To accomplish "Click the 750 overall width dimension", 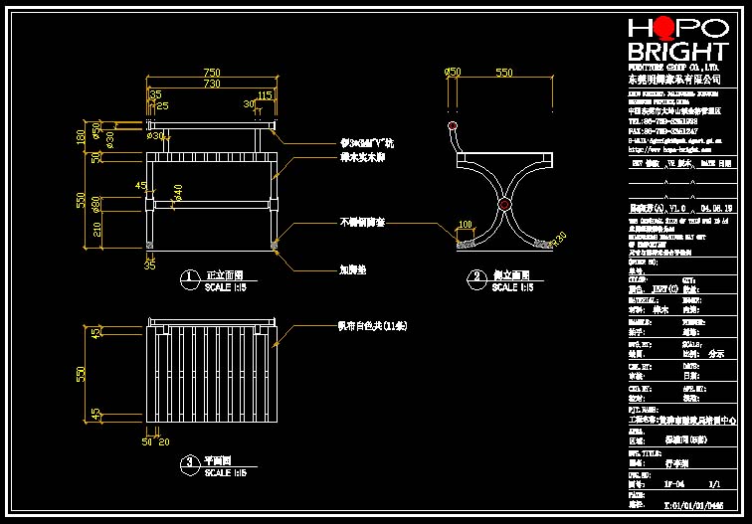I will tap(211, 73).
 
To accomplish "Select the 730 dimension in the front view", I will tap(211, 85).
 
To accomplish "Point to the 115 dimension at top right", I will tap(265, 95).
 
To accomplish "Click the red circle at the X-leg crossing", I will tap(504, 206).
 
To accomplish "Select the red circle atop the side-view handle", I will tap(454, 127).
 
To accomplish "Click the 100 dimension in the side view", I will tap(465, 225).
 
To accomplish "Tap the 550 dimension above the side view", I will tap(504, 73).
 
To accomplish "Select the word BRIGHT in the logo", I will tap(677, 52).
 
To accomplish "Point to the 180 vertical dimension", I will tap(82, 136).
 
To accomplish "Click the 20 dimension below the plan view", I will tap(163, 441).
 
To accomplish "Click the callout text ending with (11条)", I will tap(372, 326).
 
